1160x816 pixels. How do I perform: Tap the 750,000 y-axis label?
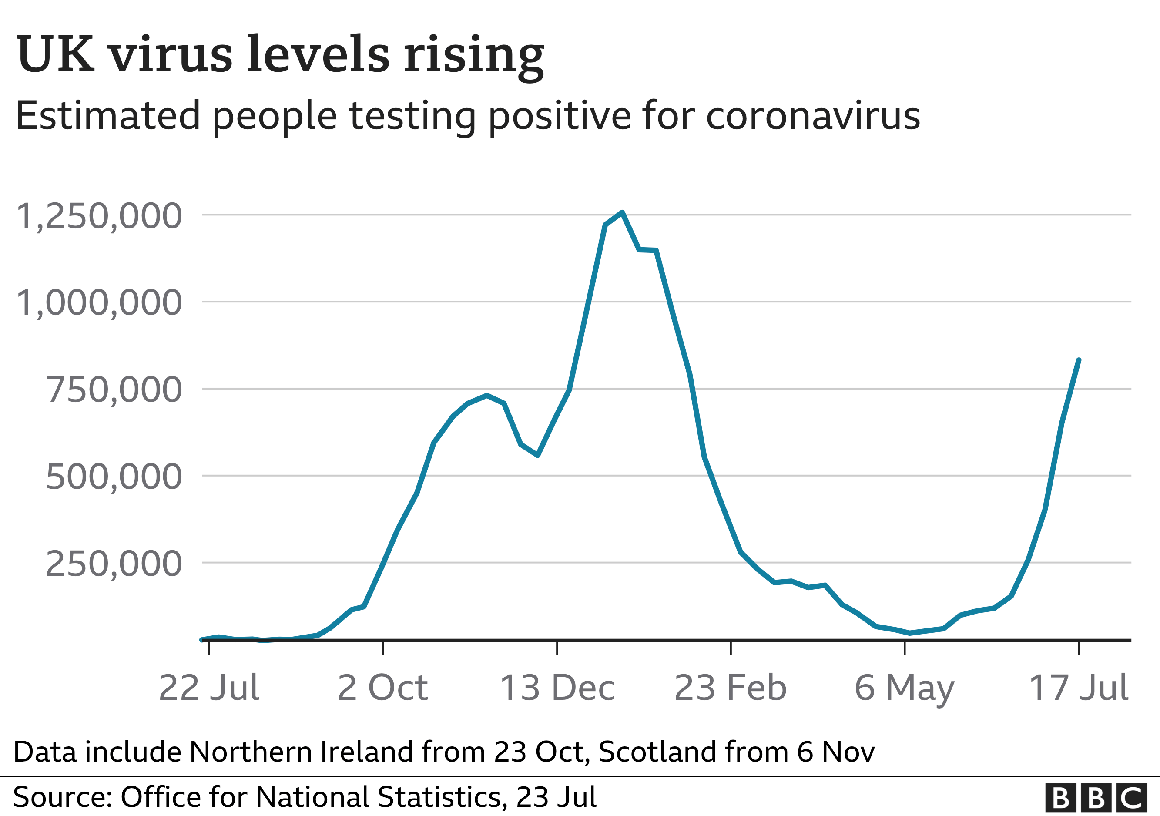[x=114, y=390]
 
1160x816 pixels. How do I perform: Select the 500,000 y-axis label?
[x=114, y=477]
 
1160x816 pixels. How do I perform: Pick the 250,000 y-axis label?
[x=114, y=564]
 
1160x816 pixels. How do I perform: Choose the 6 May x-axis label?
[x=904, y=688]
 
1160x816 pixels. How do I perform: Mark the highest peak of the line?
[x=622, y=212]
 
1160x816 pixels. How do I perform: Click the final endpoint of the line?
[x=1079, y=360]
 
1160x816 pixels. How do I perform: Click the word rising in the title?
[x=473, y=56]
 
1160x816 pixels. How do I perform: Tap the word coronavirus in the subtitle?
[x=813, y=116]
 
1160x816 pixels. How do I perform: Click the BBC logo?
[x=1095, y=798]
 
